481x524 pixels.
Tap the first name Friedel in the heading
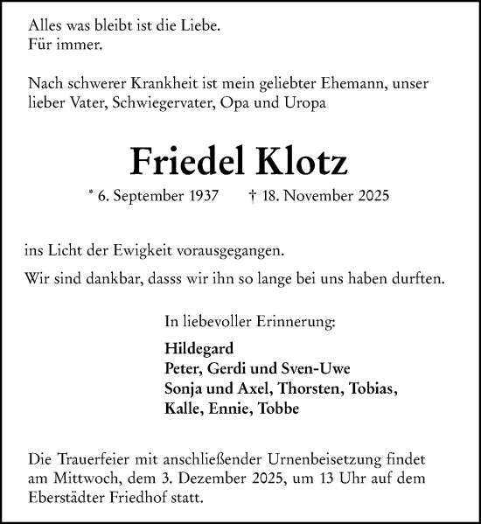pos(183,161)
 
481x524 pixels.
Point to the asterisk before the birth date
pos(91,194)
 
